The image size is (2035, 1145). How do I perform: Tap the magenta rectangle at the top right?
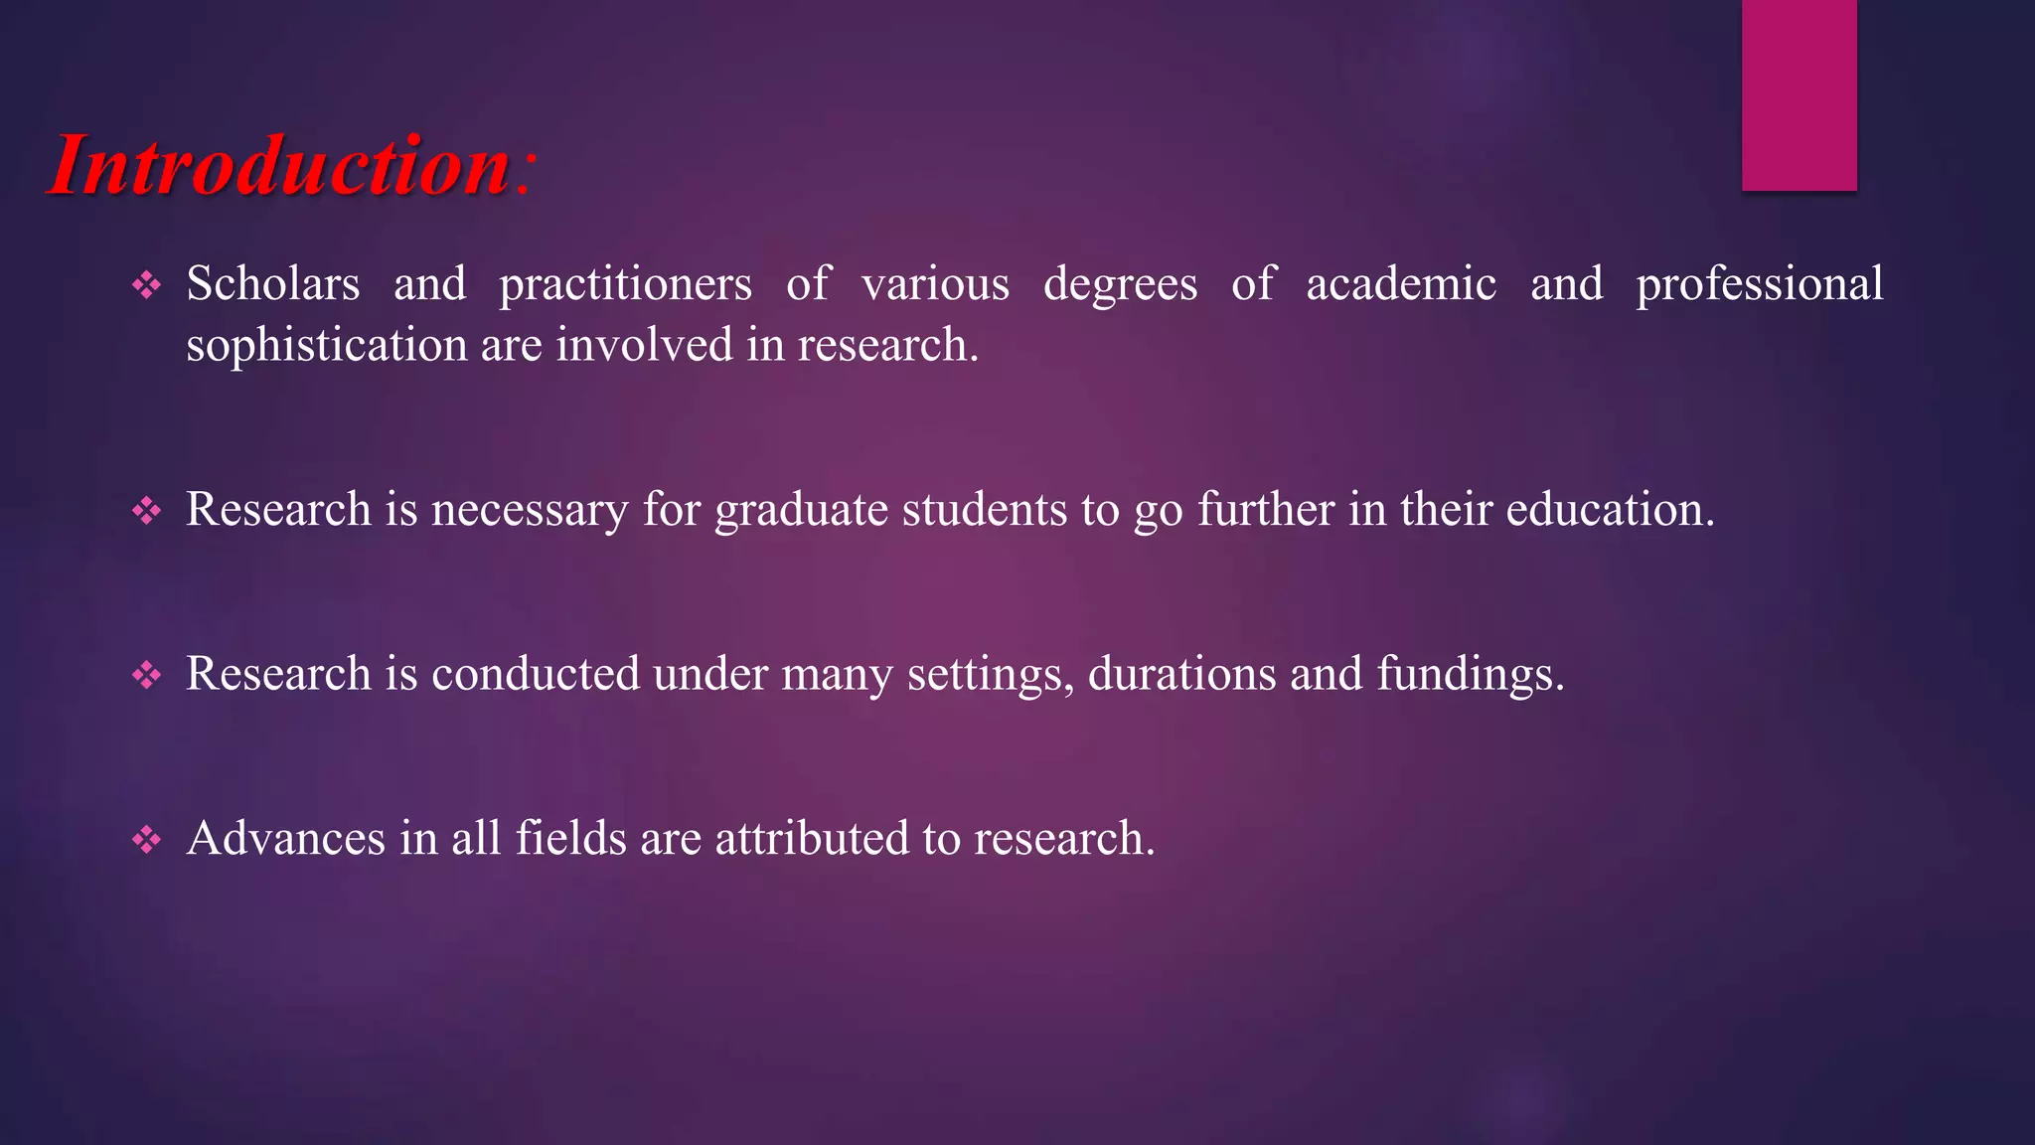click(x=1799, y=94)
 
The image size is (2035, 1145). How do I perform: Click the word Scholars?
click(x=273, y=284)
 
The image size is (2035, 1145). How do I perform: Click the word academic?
click(x=1401, y=284)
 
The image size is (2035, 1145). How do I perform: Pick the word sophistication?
click(x=327, y=346)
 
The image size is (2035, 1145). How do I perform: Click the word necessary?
click(x=530, y=511)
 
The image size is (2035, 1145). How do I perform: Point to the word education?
click(x=1610, y=509)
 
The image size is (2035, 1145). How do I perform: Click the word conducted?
click(x=536, y=674)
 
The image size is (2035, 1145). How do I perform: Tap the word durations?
click(x=1181, y=674)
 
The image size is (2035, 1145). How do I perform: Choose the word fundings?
click(x=1470, y=676)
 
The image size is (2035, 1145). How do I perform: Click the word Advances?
click(x=286, y=838)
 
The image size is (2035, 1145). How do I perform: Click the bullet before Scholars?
click(x=147, y=286)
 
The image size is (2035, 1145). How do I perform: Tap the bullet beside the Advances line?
click(x=147, y=840)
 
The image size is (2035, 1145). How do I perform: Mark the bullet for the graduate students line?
click(x=147, y=511)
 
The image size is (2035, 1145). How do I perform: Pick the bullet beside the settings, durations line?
click(x=147, y=676)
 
